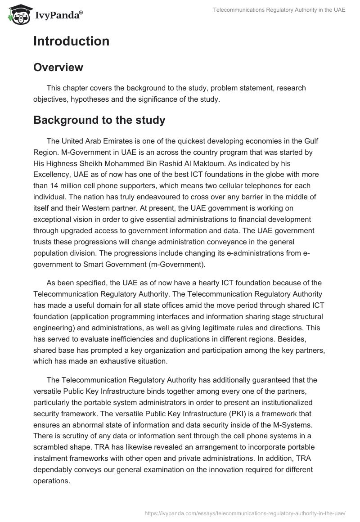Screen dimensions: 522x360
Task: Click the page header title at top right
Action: (x=279, y=10)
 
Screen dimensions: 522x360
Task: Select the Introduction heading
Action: (x=71, y=41)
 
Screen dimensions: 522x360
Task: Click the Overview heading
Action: (x=58, y=67)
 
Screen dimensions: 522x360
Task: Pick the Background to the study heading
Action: (x=99, y=120)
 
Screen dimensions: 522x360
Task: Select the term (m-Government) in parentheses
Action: (x=178, y=264)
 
